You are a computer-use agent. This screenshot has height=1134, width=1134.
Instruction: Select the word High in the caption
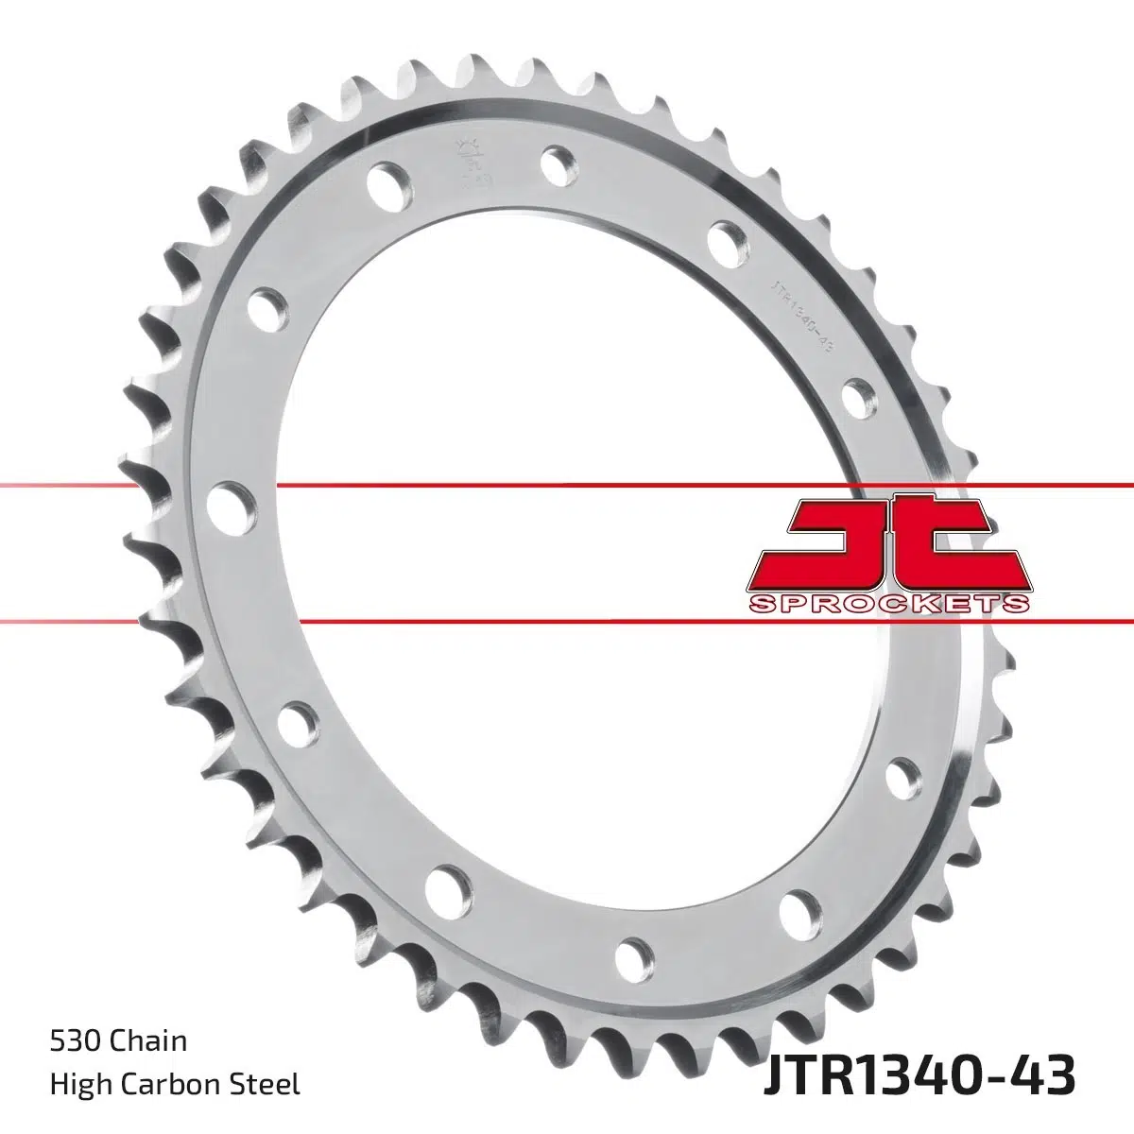click(x=74, y=1084)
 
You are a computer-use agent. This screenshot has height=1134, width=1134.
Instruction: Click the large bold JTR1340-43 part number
click(x=917, y=1076)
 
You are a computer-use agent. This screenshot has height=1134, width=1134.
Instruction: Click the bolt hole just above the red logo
click(x=856, y=397)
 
